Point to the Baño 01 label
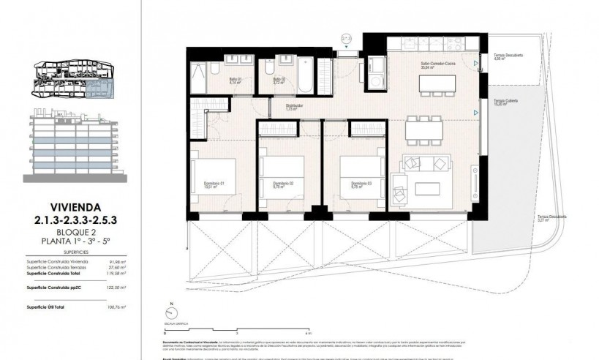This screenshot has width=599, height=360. pos(236,80)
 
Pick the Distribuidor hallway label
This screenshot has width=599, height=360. pos(295,106)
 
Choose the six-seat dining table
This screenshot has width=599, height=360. pos(426,131)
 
